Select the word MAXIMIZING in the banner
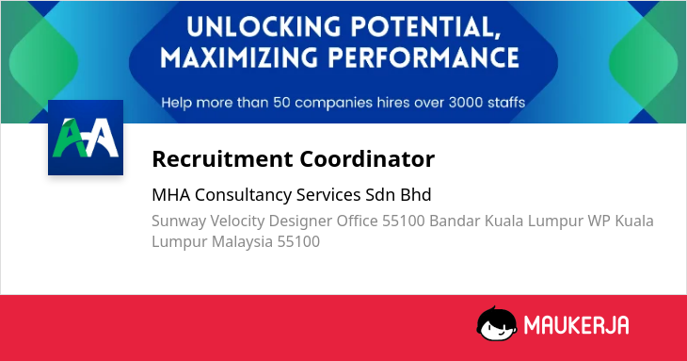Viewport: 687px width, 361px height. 239,57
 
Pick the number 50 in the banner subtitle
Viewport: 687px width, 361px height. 281,103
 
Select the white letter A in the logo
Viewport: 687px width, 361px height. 102,138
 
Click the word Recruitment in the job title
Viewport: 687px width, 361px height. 223,158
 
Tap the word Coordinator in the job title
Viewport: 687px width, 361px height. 367,158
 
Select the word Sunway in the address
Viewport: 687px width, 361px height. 179,222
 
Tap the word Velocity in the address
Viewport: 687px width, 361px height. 237,222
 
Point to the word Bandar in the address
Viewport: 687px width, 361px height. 455,221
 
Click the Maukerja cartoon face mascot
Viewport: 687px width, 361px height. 496,324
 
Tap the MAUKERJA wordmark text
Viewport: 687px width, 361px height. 577,325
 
